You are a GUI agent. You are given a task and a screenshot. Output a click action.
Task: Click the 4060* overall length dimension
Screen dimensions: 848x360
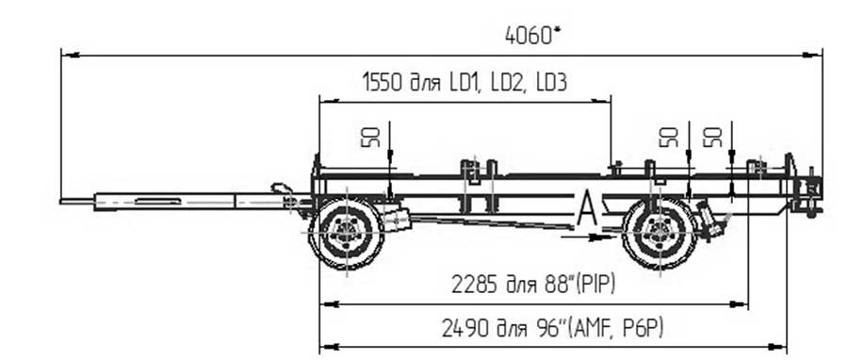click(532, 36)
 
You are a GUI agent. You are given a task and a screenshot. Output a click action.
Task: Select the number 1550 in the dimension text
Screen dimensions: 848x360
click(383, 83)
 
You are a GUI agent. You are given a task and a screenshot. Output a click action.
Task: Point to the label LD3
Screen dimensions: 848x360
click(551, 83)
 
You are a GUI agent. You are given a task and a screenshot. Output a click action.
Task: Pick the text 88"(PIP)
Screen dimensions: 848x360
click(580, 285)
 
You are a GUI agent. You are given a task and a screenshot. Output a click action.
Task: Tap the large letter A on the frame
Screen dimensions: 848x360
click(588, 208)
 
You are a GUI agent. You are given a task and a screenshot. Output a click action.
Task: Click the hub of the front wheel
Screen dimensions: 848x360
click(346, 233)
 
